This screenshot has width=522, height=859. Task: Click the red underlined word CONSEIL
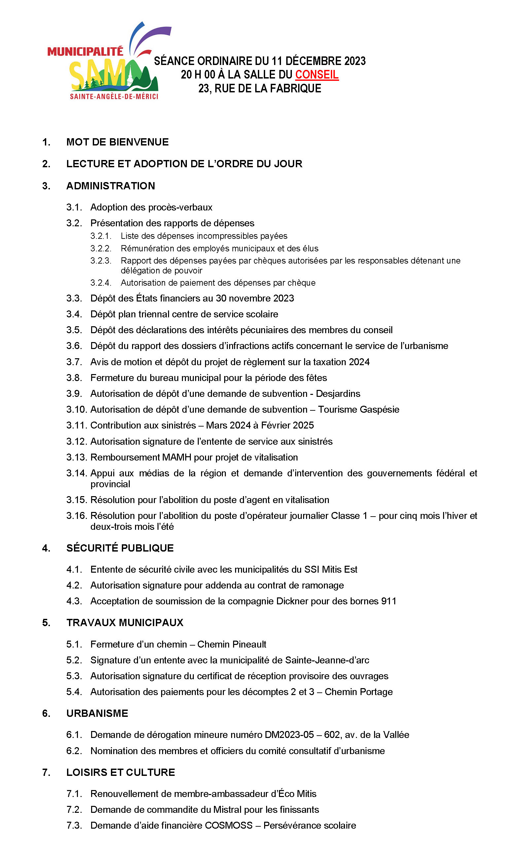click(317, 75)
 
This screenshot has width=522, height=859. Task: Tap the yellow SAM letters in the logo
click(98, 74)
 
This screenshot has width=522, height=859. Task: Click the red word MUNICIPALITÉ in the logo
click(85, 52)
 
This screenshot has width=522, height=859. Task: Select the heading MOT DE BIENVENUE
click(117, 142)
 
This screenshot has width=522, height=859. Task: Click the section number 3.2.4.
click(100, 283)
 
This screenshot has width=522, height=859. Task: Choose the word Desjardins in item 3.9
click(338, 394)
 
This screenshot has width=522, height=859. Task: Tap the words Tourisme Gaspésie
click(358, 409)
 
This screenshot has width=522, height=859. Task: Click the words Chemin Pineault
click(232, 644)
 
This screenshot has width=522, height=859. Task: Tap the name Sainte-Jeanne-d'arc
click(327, 660)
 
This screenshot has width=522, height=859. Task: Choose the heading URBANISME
click(97, 713)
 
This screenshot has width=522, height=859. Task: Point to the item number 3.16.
click(77, 516)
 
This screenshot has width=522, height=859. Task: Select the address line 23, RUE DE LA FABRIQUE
click(260, 88)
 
